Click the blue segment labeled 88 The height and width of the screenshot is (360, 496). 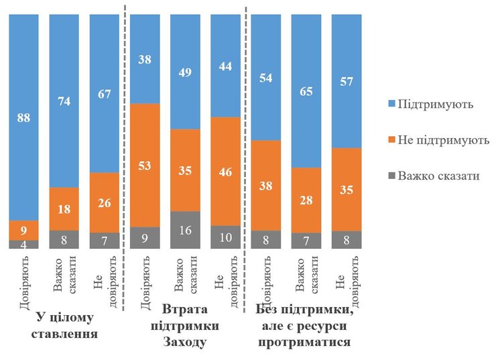pos(23,118)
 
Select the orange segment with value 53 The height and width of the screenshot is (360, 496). pos(145,165)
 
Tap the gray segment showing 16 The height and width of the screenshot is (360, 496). pos(185,230)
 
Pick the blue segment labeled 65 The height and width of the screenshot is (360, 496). pos(306,90)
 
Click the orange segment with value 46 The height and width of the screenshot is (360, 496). pos(226,172)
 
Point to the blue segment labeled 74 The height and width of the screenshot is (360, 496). pos(64,101)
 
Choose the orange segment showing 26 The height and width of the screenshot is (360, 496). pos(105,202)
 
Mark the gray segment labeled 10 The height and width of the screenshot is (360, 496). pos(226,237)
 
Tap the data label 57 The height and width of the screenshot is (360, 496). pos(347,81)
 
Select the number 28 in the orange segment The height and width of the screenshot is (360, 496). pos(306,200)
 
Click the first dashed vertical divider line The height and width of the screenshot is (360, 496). pos(125,134)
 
